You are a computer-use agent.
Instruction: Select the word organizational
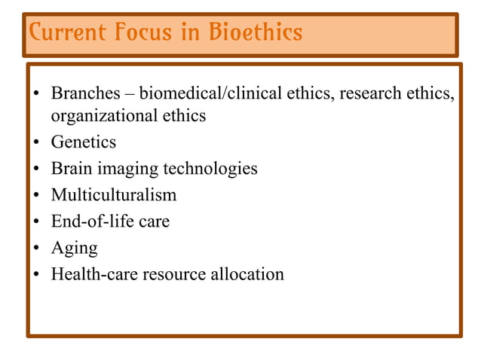tap(101, 116)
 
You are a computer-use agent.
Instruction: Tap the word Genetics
tap(84, 142)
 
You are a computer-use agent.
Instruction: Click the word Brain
tap(72, 168)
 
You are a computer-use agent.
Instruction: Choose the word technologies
tap(210, 169)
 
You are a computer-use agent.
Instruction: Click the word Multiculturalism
tap(114, 194)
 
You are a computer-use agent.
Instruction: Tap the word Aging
tap(74, 249)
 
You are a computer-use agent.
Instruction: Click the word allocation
tap(249, 273)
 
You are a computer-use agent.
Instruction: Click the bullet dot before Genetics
tap(35, 143)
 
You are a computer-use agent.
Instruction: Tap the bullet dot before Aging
tap(35, 249)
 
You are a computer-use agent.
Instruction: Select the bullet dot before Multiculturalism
tap(35, 196)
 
